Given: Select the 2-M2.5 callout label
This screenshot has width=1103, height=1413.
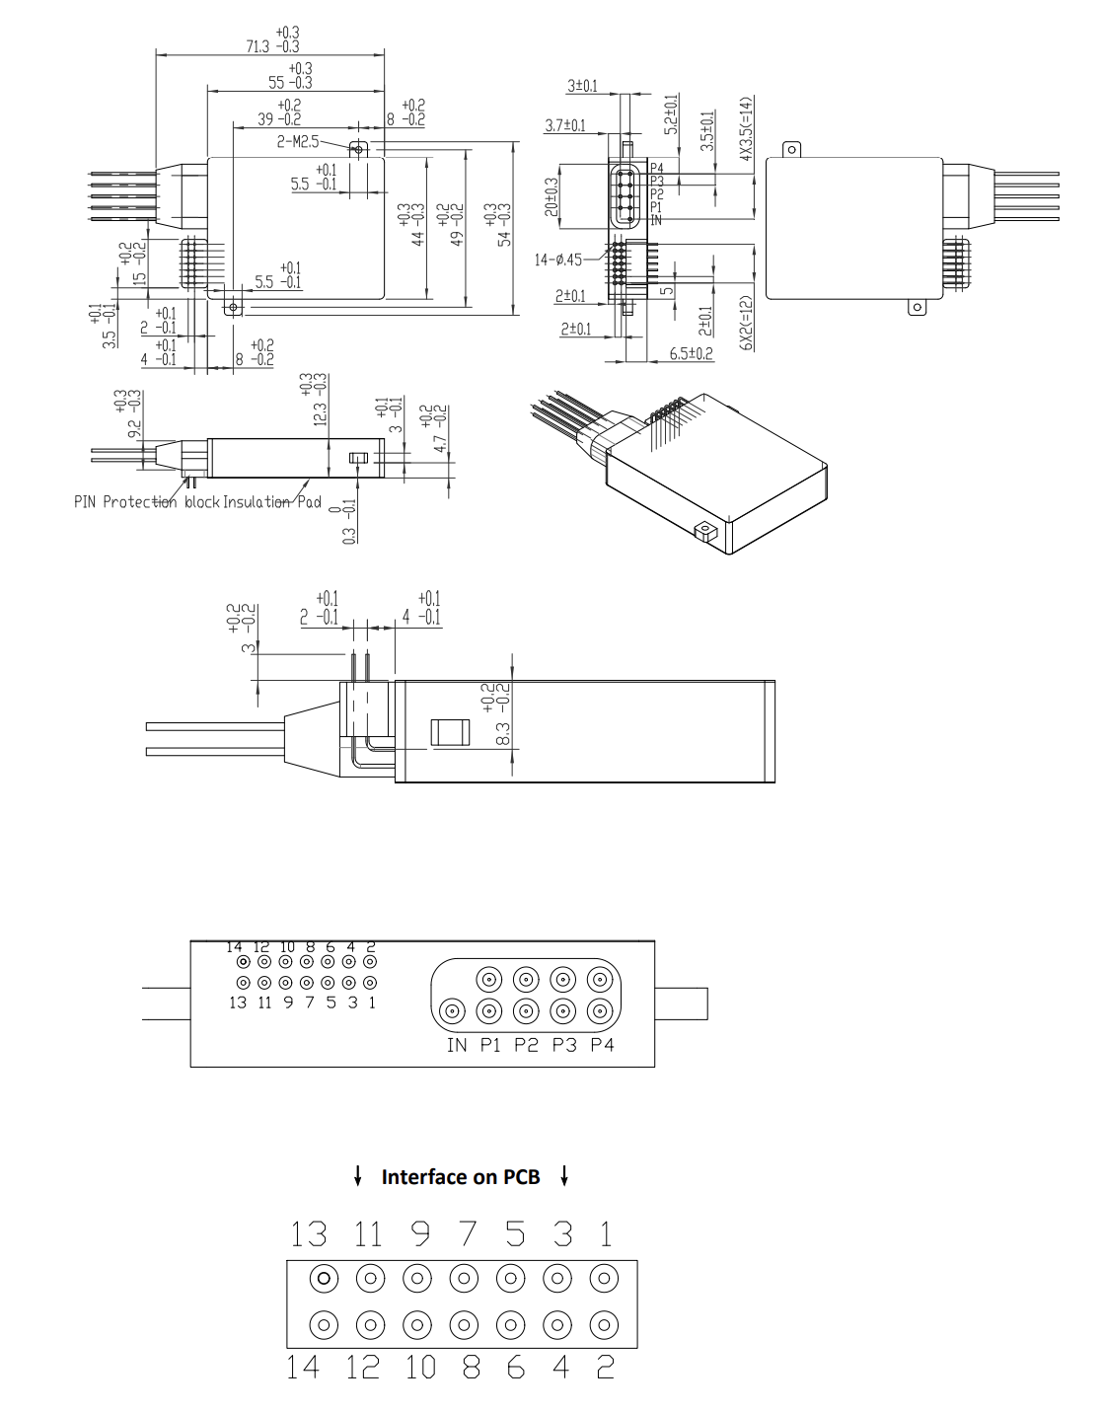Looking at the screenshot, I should click(297, 142).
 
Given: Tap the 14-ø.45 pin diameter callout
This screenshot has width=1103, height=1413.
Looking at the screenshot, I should click(557, 260).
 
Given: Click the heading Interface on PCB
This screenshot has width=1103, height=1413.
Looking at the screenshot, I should click(461, 1177).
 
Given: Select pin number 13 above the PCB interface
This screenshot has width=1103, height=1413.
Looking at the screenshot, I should click(308, 1233).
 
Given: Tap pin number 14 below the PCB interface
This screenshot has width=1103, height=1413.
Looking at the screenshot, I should click(303, 1367).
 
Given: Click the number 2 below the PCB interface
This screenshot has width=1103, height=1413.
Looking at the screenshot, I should click(605, 1367).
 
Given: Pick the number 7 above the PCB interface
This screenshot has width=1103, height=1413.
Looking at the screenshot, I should click(467, 1233).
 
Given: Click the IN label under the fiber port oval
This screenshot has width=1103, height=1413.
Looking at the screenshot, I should click(457, 1045).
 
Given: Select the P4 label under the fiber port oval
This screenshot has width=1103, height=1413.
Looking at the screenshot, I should click(602, 1045).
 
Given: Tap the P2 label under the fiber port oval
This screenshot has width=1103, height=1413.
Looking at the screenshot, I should click(527, 1045).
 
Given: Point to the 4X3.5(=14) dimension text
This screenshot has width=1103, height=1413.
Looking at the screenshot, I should click(746, 128).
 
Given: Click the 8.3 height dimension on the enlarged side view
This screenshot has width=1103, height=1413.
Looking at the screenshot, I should click(501, 733).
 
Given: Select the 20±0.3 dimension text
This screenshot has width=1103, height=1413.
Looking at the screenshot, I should click(551, 195).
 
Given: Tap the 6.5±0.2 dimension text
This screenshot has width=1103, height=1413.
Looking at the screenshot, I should click(691, 353).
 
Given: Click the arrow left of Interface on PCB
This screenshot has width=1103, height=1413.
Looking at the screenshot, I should click(357, 1175).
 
